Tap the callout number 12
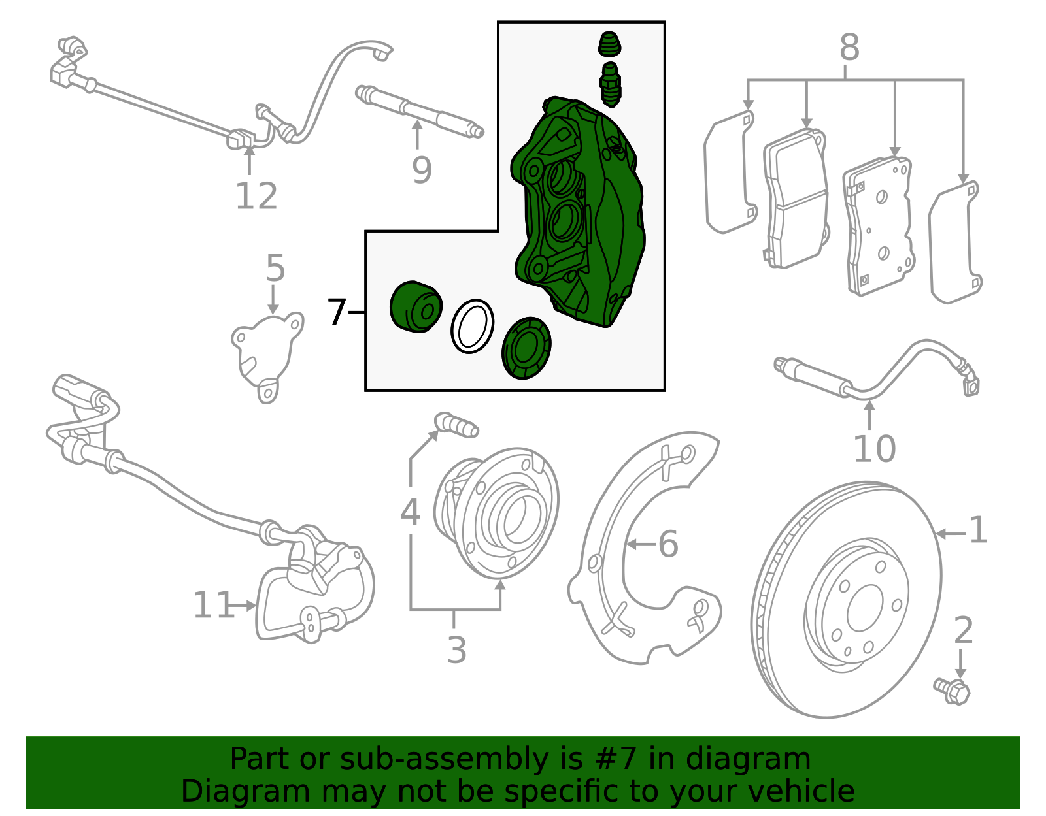coord(256,196)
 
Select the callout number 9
coord(422,170)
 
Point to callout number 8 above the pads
coord(849,48)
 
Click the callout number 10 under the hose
coord(874,449)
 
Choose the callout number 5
coord(275,268)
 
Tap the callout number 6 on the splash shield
coord(667,544)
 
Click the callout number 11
coord(212,605)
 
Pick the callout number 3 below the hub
coord(456,649)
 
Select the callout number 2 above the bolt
coord(964,630)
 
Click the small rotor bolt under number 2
coord(952,691)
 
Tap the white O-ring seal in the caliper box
coord(472,326)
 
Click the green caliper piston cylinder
coord(415,307)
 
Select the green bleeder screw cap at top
coord(609,44)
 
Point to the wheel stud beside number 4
coord(458,425)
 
